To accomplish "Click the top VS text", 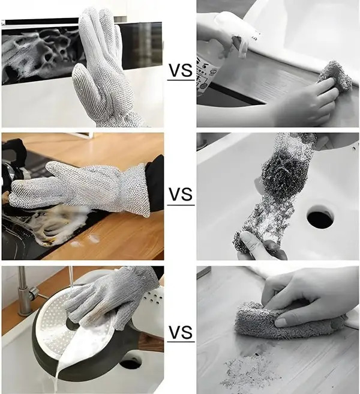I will click(x=180, y=70).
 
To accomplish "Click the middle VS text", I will click(x=181, y=195).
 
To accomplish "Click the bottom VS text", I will click(x=181, y=332).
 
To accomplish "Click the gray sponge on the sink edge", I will click(x=335, y=75).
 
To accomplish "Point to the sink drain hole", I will click(x=320, y=217).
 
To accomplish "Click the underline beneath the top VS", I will click(x=180, y=80).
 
